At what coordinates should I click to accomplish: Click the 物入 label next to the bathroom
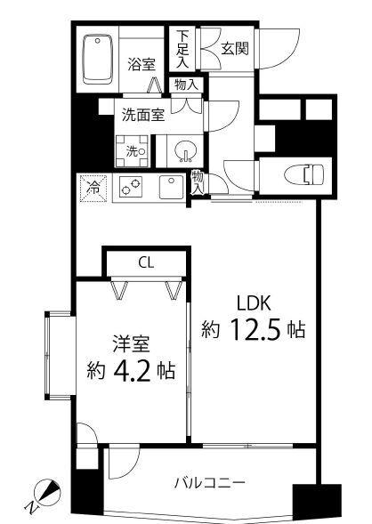click(186, 85)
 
